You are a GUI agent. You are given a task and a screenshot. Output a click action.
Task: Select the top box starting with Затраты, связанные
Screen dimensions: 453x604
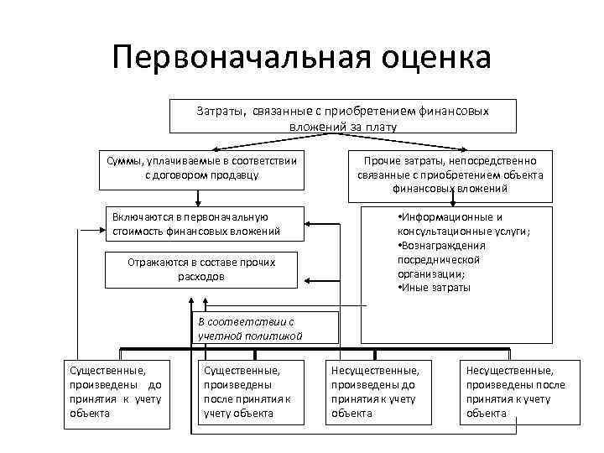pyautogui.click(x=342, y=118)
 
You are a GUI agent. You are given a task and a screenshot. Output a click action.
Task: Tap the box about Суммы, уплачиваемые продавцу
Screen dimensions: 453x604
pyautogui.click(x=200, y=168)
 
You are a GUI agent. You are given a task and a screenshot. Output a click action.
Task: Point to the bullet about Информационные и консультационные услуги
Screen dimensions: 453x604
pyautogui.click(x=462, y=224)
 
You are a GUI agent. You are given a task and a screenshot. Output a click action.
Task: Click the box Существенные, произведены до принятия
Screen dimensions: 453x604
pyautogui.click(x=117, y=391)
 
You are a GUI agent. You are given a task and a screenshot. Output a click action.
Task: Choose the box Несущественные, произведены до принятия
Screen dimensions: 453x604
pyautogui.click(x=377, y=391)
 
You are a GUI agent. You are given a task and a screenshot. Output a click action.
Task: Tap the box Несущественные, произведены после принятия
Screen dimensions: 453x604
pyautogui.click(x=512, y=391)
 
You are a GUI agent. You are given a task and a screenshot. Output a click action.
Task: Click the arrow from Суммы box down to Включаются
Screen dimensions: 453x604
pyautogui.click(x=198, y=197)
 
